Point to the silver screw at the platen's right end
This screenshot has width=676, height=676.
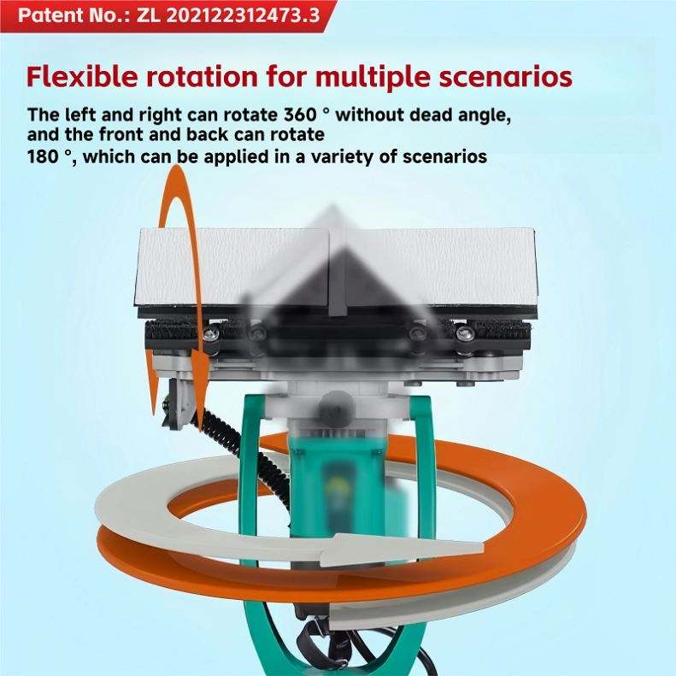tap(464, 332)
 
